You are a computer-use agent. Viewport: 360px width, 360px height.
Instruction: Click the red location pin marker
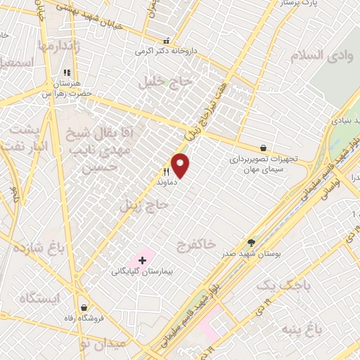[x=181, y=165]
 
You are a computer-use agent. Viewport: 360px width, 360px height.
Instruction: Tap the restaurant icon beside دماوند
[x=167, y=172]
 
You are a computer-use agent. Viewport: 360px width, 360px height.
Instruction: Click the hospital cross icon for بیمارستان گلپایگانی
[x=143, y=260]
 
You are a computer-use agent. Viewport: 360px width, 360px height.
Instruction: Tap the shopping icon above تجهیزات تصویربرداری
[x=263, y=148]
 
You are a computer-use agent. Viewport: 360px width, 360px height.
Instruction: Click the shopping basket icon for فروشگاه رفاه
[x=84, y=307]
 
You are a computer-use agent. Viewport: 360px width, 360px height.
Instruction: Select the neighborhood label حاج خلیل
[x=166, y=81]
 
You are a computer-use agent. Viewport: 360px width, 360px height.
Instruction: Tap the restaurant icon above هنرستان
[x=67, y=72]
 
